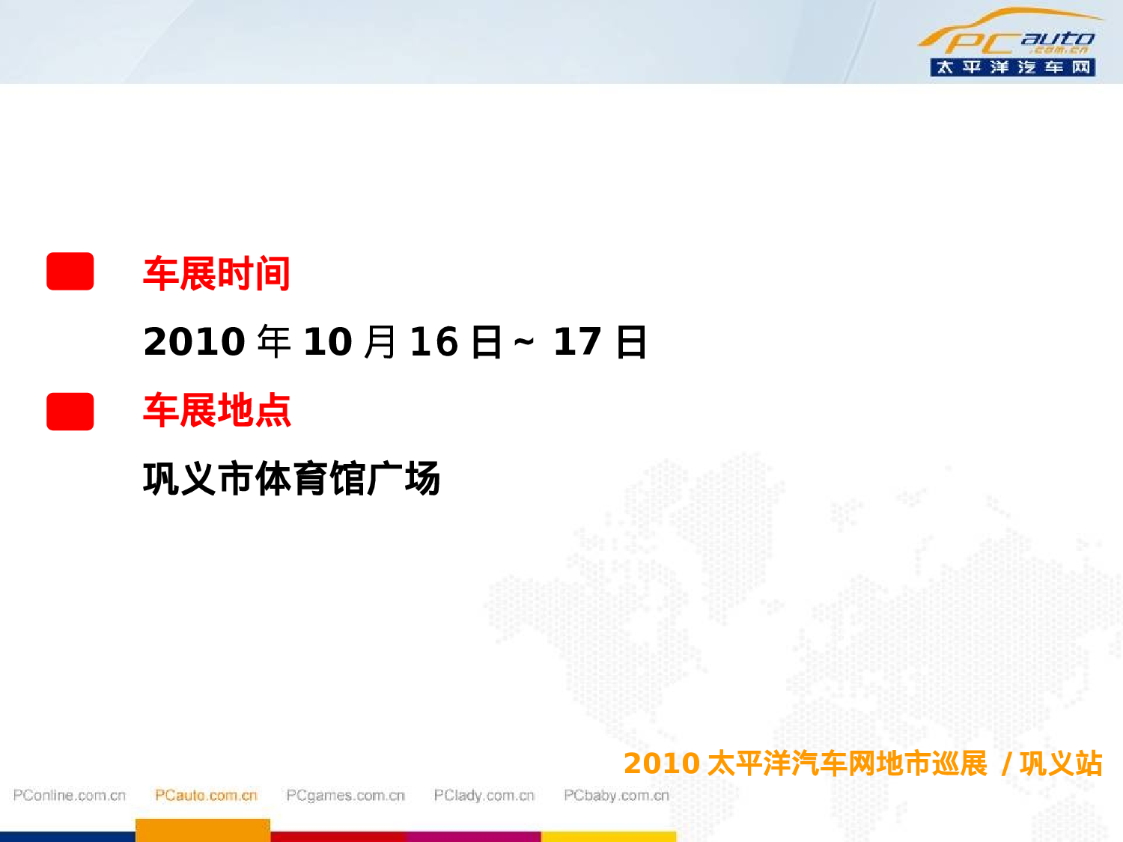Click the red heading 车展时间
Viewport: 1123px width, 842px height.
pos(216,273)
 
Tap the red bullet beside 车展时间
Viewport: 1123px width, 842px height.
pos(70,271)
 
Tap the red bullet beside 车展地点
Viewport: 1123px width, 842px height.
pos(70,411)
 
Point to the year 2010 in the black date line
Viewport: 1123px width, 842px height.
pos(194,342)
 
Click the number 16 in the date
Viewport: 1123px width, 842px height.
pos(433,342)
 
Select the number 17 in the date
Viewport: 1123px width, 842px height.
pos(577,342)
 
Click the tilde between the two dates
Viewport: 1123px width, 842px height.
pos(524,342)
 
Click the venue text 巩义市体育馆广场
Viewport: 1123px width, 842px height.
pos(291,479)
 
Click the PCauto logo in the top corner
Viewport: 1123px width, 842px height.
pos(1011,34)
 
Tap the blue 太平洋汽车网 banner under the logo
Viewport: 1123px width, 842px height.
pos(1012,67)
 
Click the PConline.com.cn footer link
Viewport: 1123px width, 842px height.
pos(70,796)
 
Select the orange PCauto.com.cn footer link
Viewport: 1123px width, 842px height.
pos(206,796)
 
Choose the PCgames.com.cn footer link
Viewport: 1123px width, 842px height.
pos(345,796)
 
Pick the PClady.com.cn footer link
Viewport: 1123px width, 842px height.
pos(484,796)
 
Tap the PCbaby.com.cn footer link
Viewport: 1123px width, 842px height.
pos(616,796)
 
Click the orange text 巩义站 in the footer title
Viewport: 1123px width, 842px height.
pos(1061,764)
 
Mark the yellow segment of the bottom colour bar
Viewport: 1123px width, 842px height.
pos(608,837)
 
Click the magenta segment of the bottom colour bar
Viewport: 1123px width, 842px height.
pos(473,837)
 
